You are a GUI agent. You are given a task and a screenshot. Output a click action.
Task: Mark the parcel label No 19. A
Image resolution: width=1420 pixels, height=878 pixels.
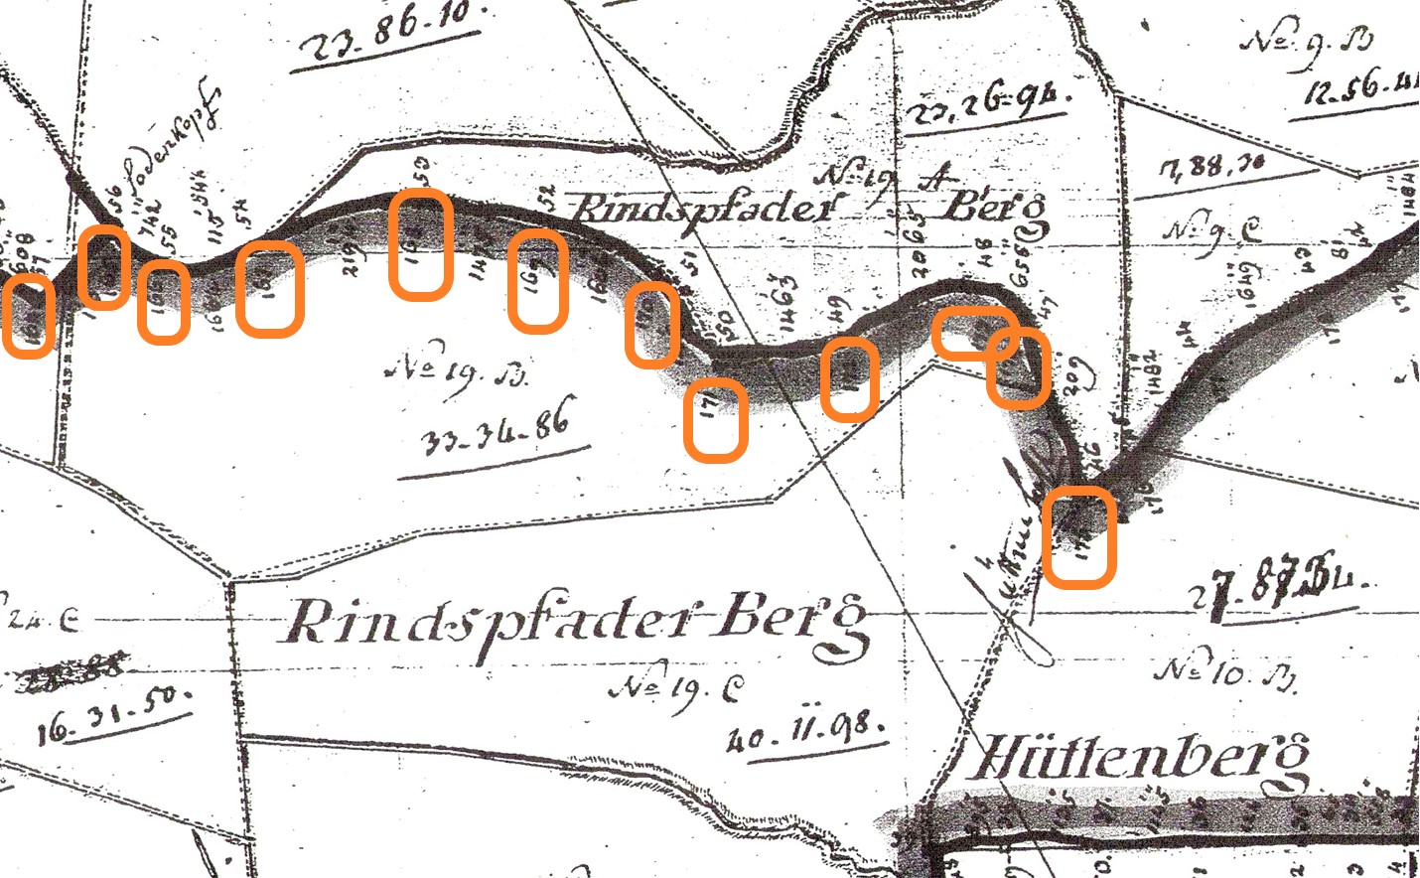coord(884,179)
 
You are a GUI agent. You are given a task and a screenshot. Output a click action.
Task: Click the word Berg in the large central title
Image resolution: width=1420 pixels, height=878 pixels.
coord(794,623)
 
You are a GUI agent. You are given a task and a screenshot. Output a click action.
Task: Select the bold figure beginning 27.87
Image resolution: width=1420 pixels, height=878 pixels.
coord(1281,586)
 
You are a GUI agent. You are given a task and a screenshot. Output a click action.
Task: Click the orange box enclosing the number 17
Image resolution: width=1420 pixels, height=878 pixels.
coord(715,419)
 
